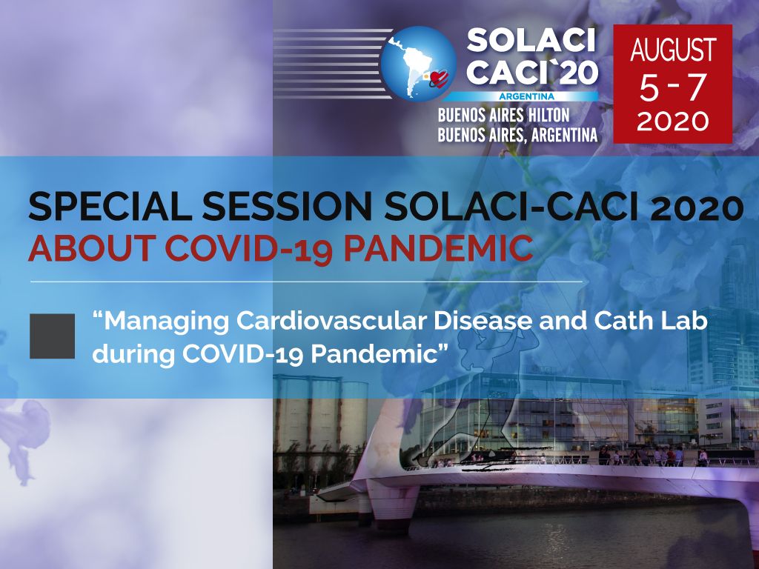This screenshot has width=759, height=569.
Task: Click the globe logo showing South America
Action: click(417, 63)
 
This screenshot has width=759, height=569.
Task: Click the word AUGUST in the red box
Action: click(673, 50)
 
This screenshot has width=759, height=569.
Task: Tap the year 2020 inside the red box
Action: click(673, 121)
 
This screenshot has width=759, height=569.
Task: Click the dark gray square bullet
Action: click(52, 336)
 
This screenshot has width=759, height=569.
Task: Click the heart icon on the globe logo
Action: click(440, 78)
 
